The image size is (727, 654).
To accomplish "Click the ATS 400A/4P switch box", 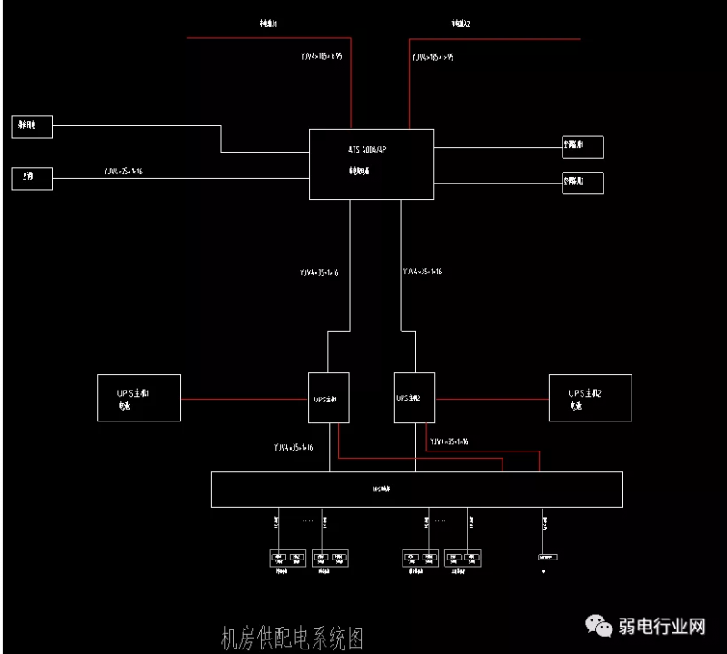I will point(371,163).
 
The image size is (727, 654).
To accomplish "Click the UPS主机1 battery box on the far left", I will point(139,397).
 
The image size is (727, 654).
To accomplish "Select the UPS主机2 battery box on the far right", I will point(590,397).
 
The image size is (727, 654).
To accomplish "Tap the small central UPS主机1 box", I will point(328,397).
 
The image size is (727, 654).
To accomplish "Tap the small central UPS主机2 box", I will point(414,397).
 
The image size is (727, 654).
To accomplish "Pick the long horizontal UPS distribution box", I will point(416,489).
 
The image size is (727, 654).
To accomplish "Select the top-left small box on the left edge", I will point(32,127).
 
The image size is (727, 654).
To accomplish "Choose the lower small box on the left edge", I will point(32,178).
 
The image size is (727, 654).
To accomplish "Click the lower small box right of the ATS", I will point(583,183).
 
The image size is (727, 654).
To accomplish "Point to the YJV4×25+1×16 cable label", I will point(123,171).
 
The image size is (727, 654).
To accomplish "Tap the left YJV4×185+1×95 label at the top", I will point(321,56).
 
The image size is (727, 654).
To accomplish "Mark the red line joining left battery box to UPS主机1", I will point(244,398).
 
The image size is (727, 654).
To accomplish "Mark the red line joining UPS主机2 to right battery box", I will point(492,398).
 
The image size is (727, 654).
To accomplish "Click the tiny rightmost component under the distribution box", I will point(547,556).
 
